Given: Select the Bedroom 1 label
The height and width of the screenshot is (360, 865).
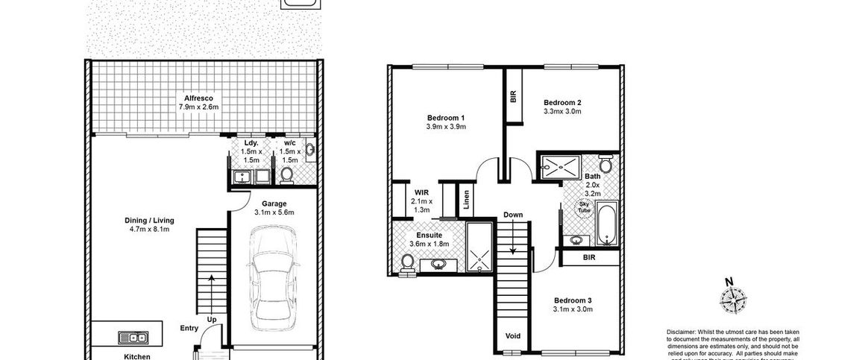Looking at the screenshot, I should (446, 118).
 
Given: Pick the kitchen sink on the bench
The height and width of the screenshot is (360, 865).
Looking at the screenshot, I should (133, 337).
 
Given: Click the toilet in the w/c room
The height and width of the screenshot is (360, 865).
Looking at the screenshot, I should (286, 175).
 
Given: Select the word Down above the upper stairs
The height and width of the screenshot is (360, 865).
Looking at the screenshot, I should (514, 215).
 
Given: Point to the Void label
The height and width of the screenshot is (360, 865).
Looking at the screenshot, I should (513, 335).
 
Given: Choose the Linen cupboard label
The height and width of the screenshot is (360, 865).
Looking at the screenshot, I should (467, 200).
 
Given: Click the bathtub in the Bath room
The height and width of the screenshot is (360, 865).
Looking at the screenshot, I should (607, 222).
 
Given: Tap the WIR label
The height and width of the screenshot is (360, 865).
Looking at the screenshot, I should (421, 192).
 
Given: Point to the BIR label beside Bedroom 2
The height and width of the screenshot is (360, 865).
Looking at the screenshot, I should (513, 97).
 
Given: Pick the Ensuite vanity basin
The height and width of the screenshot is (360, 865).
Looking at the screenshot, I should (436, 265).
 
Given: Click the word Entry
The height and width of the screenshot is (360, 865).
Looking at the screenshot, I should (189, 329).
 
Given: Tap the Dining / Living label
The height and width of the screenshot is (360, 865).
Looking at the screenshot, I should (149, 221).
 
